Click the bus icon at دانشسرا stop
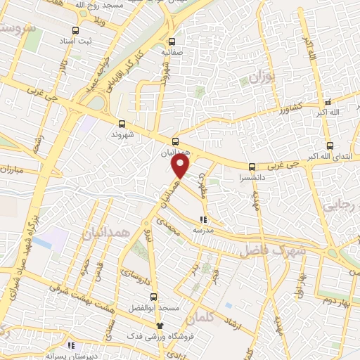pos(252,167)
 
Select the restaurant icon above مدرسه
pos(203,220)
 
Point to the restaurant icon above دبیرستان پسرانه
pos(70,345)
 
